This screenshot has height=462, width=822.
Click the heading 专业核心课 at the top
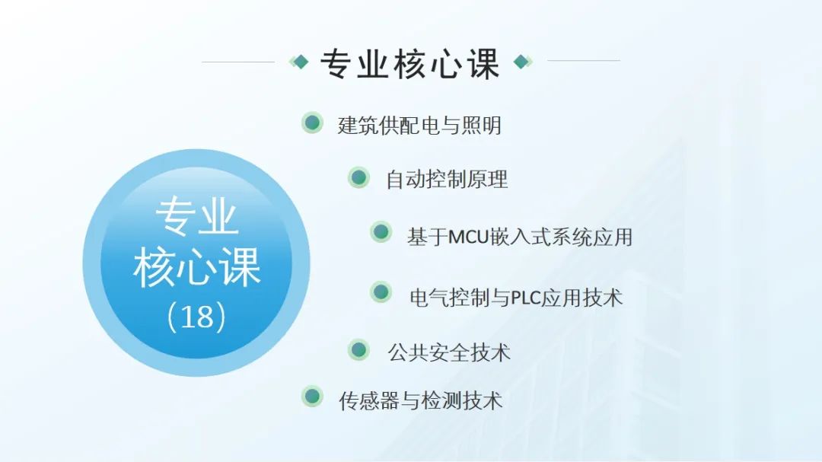tap(409, 64)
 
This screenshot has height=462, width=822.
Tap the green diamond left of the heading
tap(299, 62)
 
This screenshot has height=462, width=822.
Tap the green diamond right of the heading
tap(522, 62)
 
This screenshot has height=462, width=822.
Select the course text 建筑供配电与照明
tap(419, 126)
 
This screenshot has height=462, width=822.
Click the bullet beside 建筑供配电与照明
tap(313, 123)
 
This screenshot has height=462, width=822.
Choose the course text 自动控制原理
tap(447, 180)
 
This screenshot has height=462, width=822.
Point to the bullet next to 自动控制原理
tap(358, 177)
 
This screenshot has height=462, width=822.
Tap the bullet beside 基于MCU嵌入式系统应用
tap(381, 232)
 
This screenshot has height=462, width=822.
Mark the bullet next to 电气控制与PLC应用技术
tap(381, 292)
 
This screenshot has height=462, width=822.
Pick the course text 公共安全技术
tap(449, 352)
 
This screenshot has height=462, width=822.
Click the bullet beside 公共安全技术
tap(358, 350)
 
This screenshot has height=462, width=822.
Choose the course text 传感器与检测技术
tap(420, 401)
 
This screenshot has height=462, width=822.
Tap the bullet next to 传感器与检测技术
tap(313, 397)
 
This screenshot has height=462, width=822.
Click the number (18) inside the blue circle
tap(196, 317)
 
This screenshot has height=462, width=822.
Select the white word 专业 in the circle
tap(197, 217)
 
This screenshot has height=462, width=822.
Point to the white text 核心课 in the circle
tap(197, 267)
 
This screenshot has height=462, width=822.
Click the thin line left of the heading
tap(238, 62)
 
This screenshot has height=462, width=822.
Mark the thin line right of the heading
tap(584, 60)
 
